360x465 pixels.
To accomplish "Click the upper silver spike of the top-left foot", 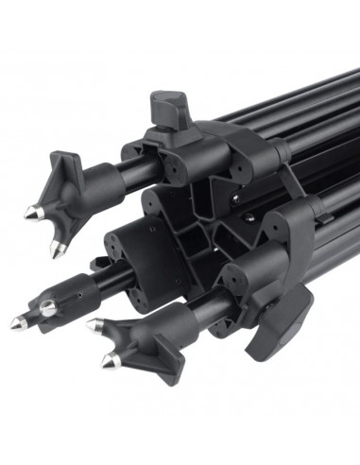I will click(x=32, y=212).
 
